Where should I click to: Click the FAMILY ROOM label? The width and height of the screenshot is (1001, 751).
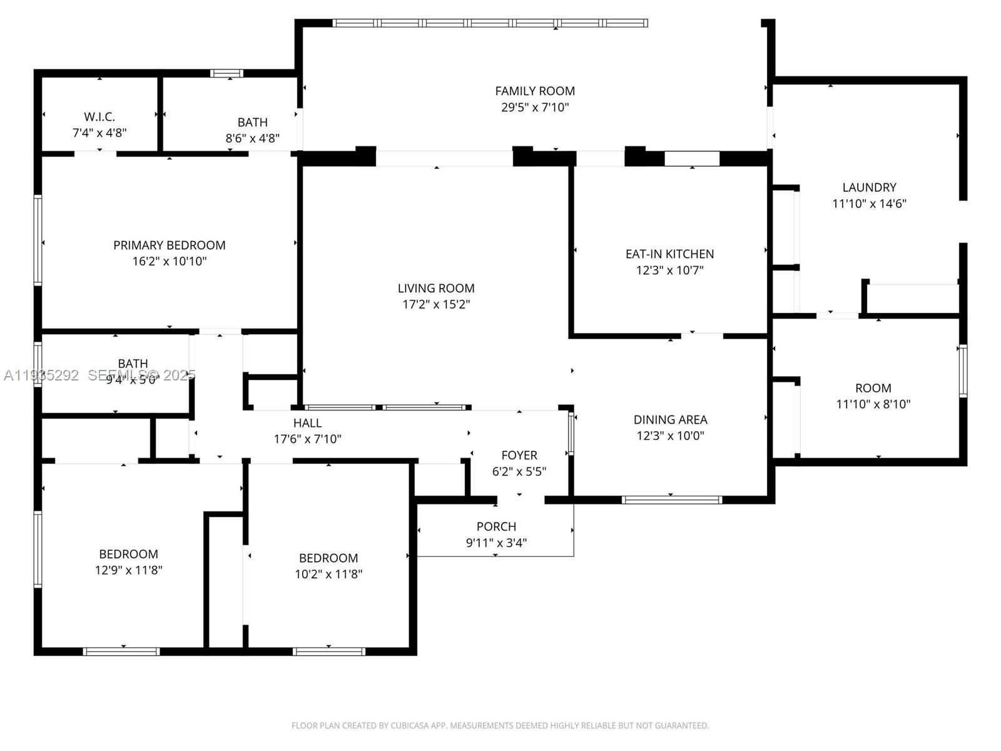(x=535, y=91)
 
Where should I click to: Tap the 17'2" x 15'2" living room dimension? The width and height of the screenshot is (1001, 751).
(x=436, y=305)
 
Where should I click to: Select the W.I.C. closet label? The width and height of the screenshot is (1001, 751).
(x=99, y=117)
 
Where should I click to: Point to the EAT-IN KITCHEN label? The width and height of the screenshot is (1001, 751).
(x=669, y=254)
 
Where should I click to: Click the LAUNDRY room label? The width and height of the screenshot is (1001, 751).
(x=869, y=187)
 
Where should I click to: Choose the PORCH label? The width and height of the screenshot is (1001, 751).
(x=496, y=527)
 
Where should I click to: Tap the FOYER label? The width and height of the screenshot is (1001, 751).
(x=519, y=456)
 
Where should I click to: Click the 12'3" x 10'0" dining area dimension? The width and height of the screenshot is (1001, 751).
(x=670, y=436)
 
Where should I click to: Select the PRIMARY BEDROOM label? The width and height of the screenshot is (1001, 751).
(x=169, y=245)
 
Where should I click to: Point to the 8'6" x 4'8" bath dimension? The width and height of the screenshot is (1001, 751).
(x=252, y=138)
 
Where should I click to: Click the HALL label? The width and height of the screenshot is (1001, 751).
(x=307, y=423)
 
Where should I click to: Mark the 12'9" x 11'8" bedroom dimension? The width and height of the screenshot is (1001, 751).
(x=128, y=570)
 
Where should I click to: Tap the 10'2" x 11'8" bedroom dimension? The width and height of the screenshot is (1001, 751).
(x=328, y=574)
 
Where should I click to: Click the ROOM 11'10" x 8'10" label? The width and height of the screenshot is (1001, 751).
(x=873, y=388)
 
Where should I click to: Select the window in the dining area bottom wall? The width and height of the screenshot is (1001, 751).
(x=671, y=500)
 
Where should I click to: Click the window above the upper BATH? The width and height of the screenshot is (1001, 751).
(x=226, y=73)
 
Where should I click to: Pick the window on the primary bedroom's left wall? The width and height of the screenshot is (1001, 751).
(x=38, y=241)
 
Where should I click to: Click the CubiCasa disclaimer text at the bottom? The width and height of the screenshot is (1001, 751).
(x=500, y=726)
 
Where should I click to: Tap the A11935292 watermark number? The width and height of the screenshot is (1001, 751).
(x=41, y=375)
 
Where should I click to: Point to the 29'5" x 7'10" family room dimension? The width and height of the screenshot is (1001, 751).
(x=535, y=108)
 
